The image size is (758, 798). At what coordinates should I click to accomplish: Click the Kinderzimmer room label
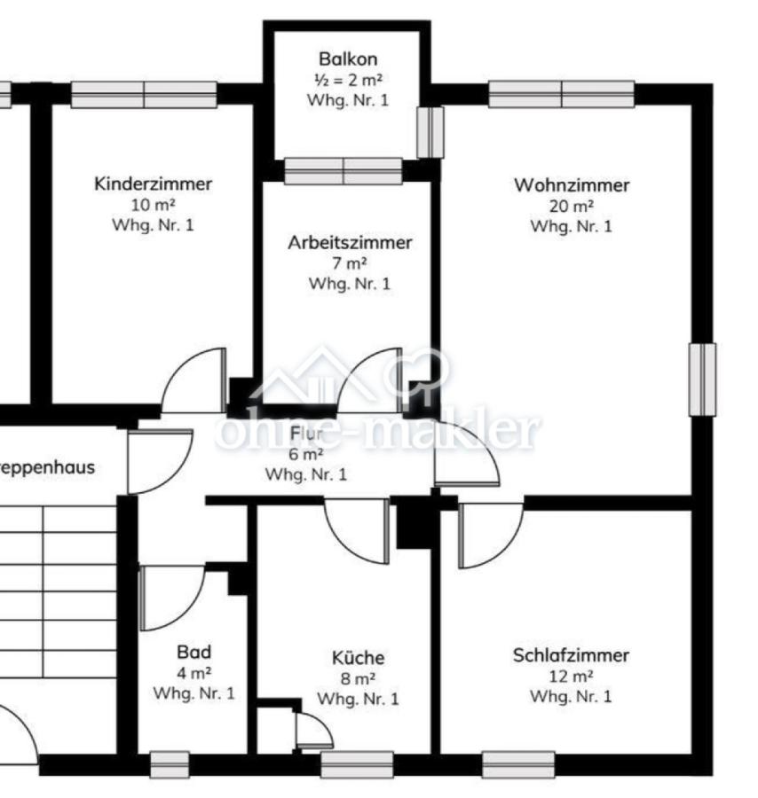(x=153, y=184)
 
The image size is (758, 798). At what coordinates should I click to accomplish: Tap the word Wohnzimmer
(x=572, y=184)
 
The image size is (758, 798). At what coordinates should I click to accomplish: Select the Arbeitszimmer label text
(x=350, y=243)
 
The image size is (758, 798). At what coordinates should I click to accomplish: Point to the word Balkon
(x=348, y=59)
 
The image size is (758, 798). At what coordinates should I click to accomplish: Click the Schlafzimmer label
(x=571, y=655)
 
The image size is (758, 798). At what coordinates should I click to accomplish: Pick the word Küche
(x=358, y=657)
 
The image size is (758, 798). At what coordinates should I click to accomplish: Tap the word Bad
(x=194, y=652)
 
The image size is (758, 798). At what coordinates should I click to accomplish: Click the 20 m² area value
(x=571, y=206)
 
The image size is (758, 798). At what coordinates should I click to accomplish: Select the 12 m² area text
(x=571, y=677)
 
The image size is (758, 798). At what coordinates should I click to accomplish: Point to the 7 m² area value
(x=350, y=263)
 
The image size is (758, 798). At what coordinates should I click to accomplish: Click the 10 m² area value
(x=153, y=205)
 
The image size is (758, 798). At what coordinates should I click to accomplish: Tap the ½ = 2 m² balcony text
(x=348, y=80)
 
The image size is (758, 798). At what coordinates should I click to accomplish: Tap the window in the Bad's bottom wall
(x=170, y=764)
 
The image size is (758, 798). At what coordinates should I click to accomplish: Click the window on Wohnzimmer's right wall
(x=702, y=379)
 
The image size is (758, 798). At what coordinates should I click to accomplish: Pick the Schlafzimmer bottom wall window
(x=518, y=764)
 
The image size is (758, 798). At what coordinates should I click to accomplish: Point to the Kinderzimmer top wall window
(x=144, y=95)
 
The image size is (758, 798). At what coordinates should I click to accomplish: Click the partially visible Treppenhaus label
(x=47, y=467)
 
